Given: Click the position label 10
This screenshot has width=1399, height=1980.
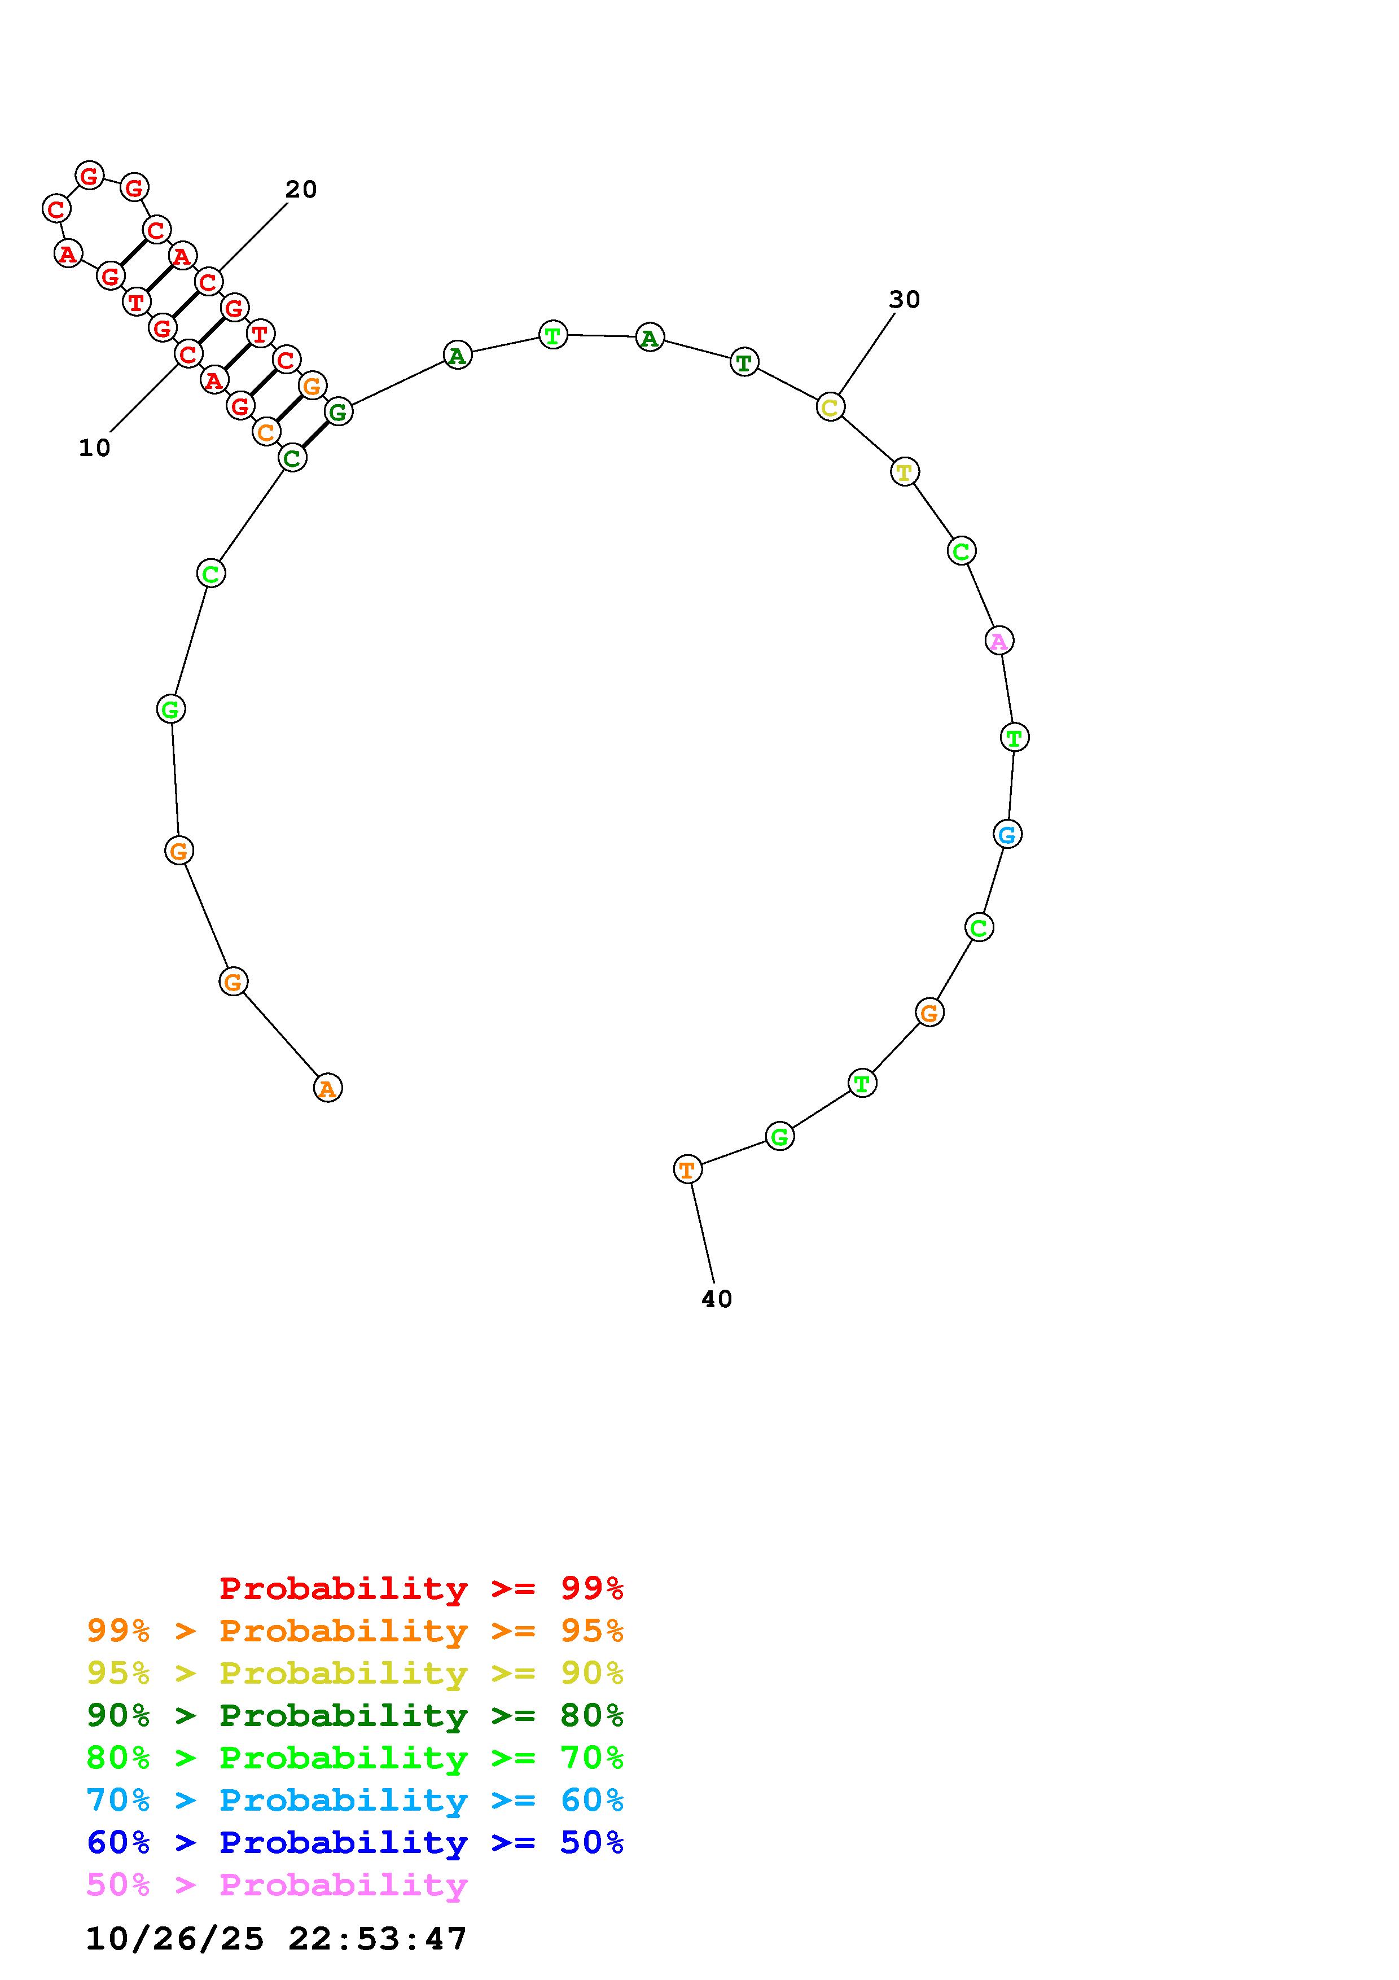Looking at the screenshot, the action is click(x=95, y=448).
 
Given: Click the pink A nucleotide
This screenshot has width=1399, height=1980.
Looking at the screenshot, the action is click(x=999, y=641).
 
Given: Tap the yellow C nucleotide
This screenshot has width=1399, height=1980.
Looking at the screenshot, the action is click(x=830, y=407).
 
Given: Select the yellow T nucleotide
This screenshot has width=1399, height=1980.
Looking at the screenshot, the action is click(x=904, y=472).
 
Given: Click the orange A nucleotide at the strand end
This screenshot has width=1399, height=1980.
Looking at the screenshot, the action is click(x=327, y=1088).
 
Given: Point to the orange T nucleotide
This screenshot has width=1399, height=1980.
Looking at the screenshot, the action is click(x=687, y=1169).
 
